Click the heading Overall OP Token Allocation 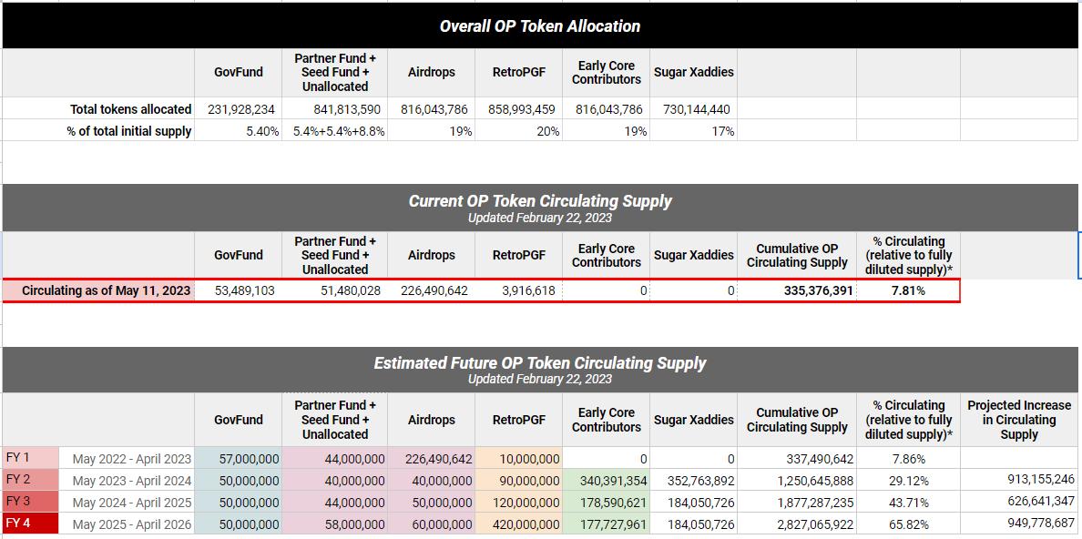(539, 26)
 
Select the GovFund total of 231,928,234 (241, 109)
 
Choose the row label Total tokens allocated (131, 109)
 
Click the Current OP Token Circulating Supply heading (539, 201)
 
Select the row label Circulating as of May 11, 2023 (107, 290)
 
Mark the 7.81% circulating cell (908, 290)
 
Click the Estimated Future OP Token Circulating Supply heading (539, 363)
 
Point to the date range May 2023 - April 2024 (132, 481)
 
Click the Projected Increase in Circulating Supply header (1018, 420)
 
